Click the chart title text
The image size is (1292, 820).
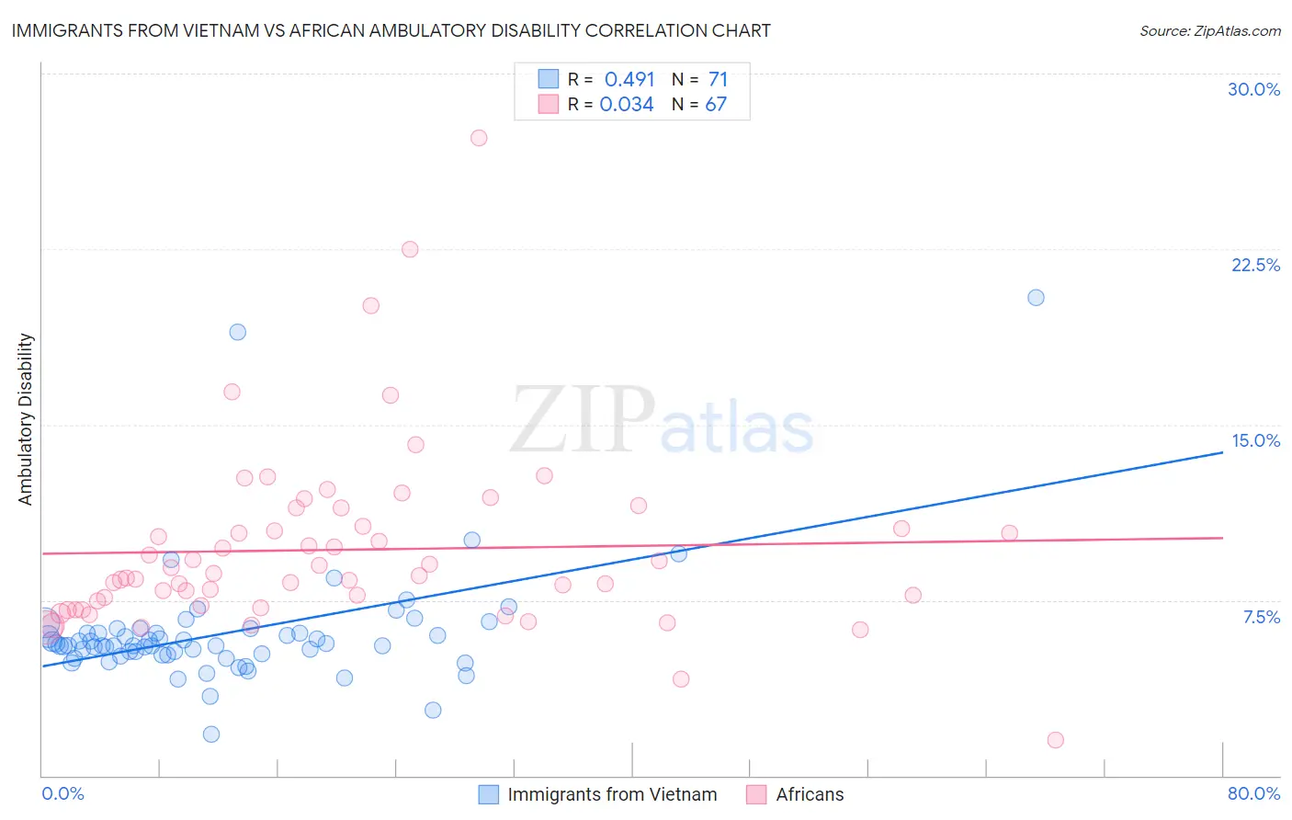click(391, 30)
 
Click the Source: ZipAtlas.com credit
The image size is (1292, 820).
click(1209, 30)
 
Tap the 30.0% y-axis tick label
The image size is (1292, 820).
click(1253, 89)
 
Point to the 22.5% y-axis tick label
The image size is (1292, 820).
click(1255, 265)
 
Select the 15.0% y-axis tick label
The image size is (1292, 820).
click(1255, 440)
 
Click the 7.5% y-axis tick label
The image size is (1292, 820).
click(1261, 617)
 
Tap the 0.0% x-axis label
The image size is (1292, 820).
click(62, 793)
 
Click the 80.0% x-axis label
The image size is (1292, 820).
click(1253, 793)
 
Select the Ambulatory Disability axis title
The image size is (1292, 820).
click(26, 419)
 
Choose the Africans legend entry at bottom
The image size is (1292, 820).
click(809, 794)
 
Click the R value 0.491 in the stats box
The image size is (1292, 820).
click(629, 79)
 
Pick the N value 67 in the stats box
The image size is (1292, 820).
click(716, 104)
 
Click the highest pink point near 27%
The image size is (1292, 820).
click(479, 138)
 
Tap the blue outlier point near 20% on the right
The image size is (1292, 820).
click(1036, 297)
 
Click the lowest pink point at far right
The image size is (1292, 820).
click(1055, 740)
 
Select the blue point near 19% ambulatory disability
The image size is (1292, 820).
click(238, 332)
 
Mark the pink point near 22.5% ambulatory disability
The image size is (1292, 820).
click(410, 249)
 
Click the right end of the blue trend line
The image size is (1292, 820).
click(1222, 452)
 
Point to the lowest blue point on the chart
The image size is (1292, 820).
click(211, 734)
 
